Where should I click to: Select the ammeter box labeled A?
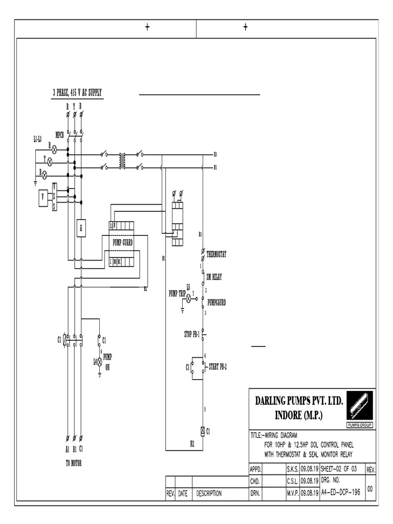[80, 229]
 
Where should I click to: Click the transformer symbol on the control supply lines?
[122, 160]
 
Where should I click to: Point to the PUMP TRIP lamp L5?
[188, 297]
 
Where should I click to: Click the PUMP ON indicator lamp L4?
[99, 361]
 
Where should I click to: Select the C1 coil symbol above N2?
[203, 431]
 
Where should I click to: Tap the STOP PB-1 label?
[191, 334]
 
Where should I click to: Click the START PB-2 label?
[219, 366]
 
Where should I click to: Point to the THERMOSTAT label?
[216, 254]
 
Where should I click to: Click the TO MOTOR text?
[73, 463]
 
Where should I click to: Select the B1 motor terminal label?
[74, 450]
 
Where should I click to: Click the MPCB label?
[59, 135]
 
